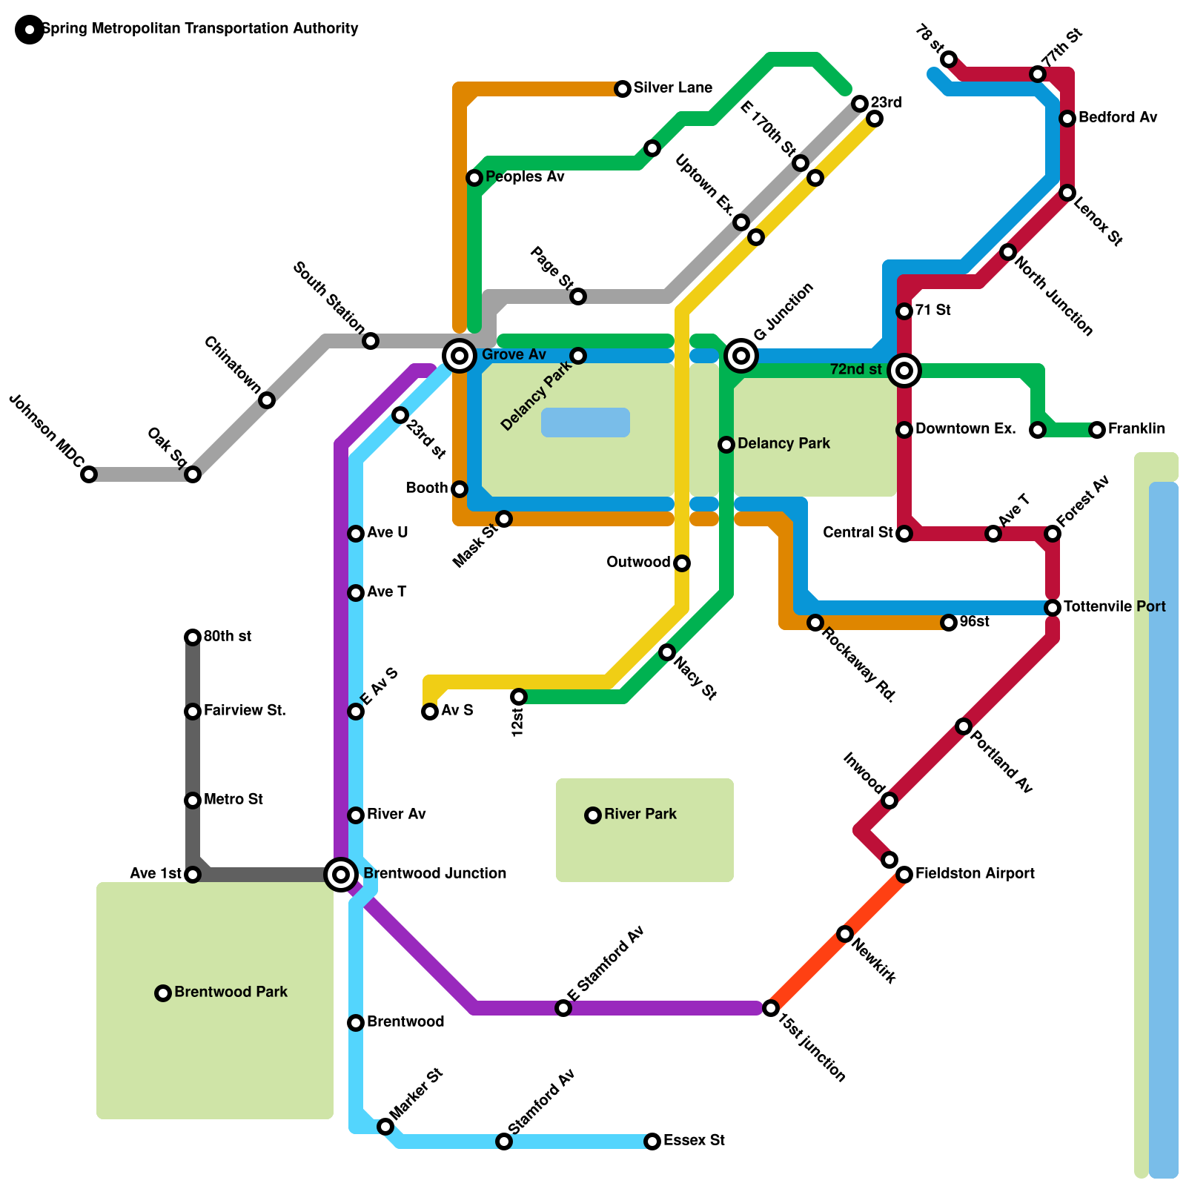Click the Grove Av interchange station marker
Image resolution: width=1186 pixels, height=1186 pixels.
460,356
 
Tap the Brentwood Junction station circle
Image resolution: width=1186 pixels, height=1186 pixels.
341,875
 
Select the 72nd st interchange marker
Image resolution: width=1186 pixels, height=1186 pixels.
904,370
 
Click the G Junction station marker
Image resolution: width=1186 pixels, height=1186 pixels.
741,356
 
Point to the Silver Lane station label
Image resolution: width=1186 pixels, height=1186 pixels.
672,88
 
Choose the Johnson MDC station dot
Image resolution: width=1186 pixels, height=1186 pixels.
89,474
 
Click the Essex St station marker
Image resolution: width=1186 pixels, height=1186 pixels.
652,1142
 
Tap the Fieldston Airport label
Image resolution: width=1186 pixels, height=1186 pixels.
974,874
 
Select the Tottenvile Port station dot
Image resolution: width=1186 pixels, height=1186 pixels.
1053,608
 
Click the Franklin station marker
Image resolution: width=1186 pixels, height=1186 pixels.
1097,430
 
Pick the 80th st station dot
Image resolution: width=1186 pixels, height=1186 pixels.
193,637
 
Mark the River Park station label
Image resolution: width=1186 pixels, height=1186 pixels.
640,815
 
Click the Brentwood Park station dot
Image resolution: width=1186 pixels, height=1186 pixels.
163,993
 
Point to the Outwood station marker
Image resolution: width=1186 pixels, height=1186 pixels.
682,563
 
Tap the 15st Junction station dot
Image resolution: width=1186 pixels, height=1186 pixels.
771,1008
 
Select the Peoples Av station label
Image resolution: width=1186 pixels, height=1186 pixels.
525,177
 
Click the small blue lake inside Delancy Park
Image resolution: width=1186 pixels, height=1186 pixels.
586,423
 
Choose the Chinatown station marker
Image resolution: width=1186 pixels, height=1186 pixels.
267,400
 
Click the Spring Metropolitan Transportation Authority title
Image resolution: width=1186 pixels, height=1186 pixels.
200,29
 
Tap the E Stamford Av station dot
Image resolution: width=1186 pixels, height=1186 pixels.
563,1008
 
